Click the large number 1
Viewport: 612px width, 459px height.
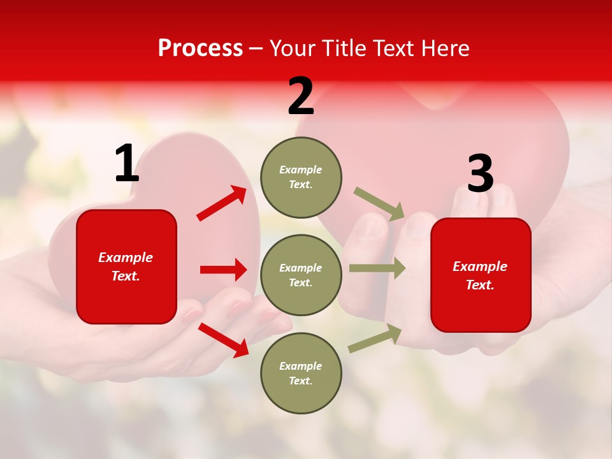(126, 164)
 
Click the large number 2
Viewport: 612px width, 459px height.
(301, 97)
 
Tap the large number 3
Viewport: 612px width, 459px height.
(480, 174)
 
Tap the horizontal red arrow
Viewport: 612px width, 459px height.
(223, 270)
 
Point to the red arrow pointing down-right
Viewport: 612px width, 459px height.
(223, 340)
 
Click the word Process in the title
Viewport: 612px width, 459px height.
(200, 48)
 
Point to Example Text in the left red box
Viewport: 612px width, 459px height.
(126, 266)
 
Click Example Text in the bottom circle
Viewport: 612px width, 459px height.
(301, 373)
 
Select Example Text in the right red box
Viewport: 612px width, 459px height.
(480, 275)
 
